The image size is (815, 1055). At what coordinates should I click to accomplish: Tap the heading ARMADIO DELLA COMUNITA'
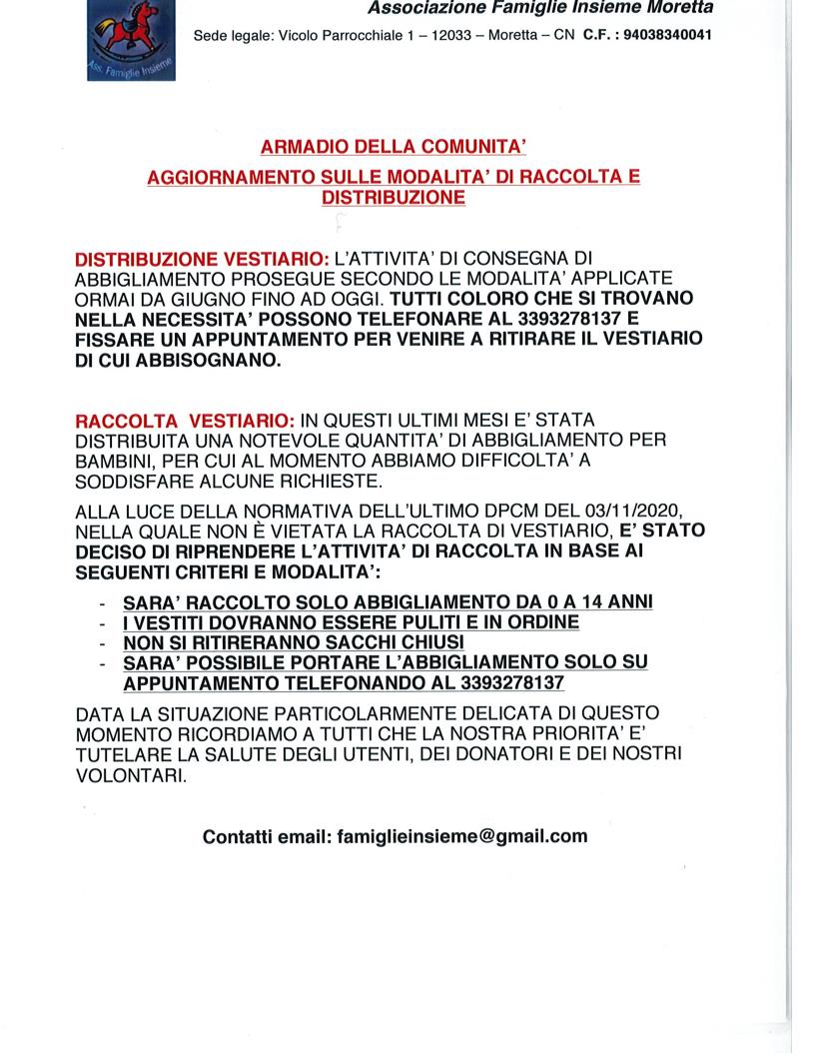point(393,147)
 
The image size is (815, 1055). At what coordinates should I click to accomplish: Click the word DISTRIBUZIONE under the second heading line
point(393,197)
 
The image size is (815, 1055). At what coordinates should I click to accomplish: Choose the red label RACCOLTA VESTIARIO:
point(184,420)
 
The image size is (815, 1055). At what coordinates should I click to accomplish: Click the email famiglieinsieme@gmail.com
point(462,836)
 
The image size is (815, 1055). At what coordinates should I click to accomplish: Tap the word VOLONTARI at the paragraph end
point(130,775)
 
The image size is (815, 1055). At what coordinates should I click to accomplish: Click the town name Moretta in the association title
point(678,9)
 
